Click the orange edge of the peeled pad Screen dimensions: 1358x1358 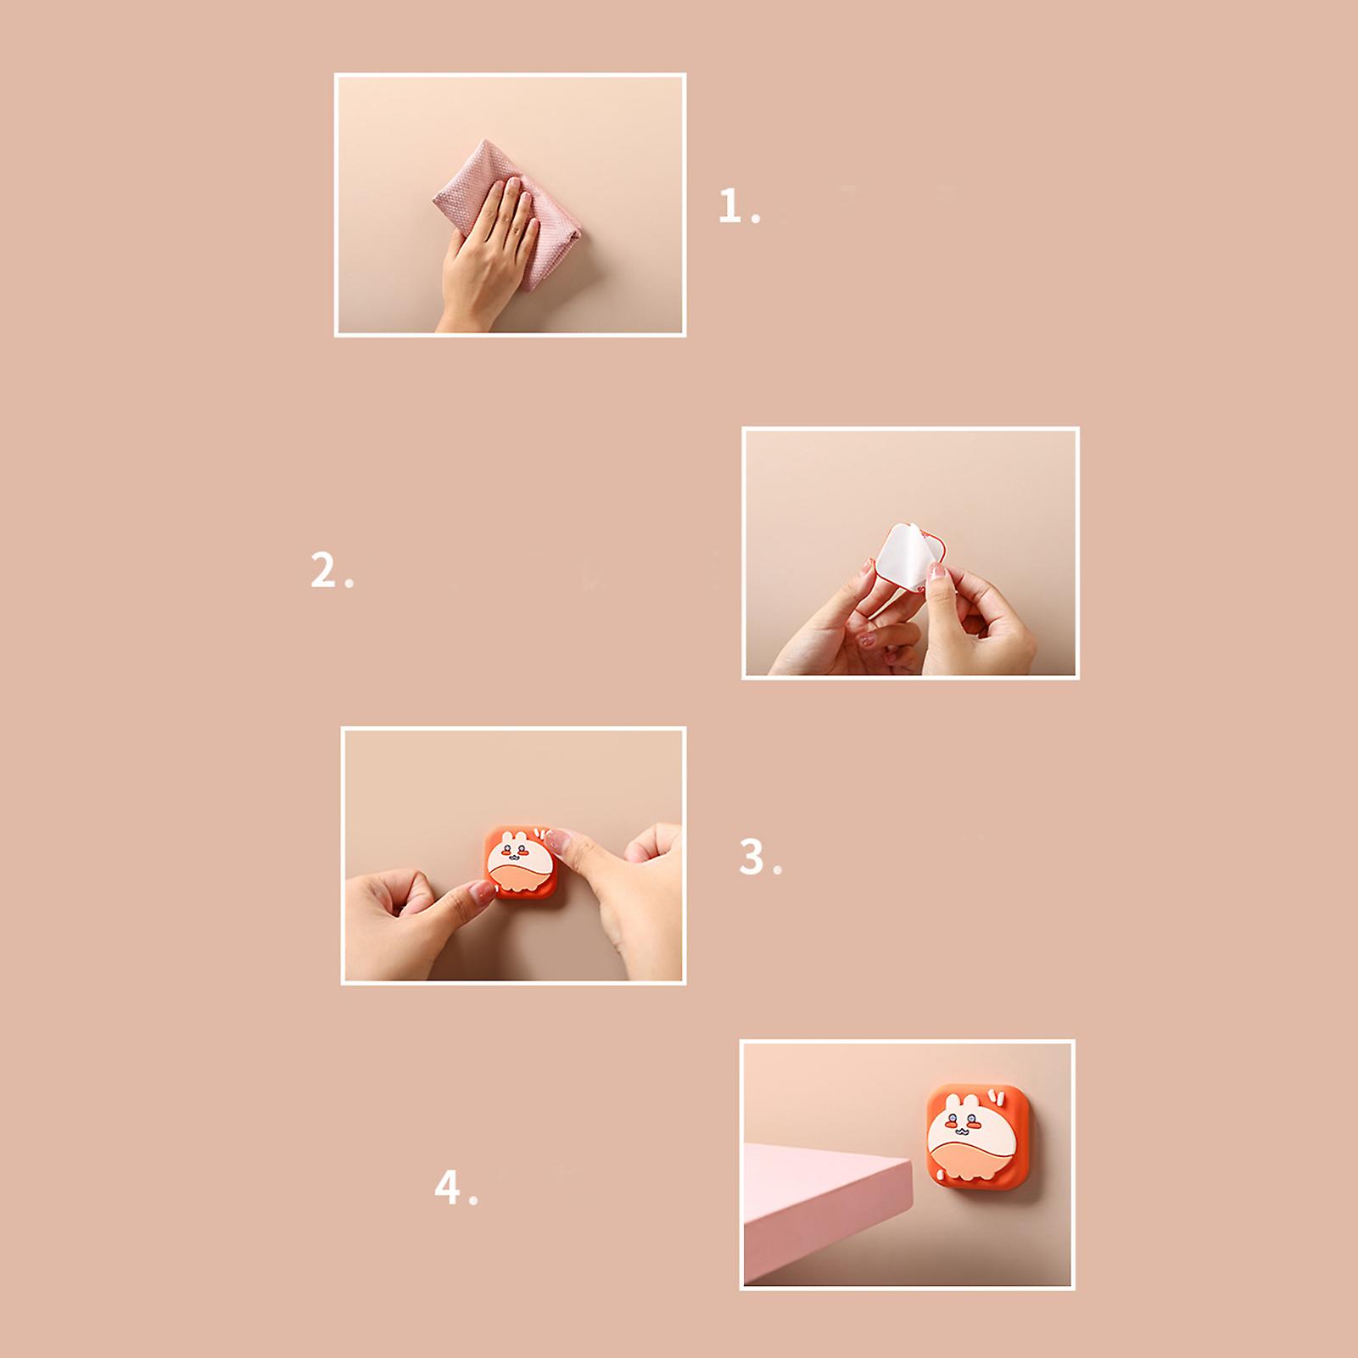tap(936, 543)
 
